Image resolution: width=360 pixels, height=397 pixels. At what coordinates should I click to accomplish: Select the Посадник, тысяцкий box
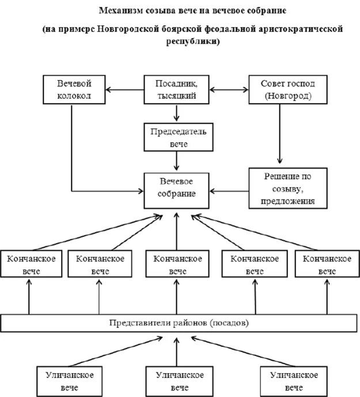(x=177, y=89)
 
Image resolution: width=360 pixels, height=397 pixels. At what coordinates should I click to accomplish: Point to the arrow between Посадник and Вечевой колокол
(x=125, y=89)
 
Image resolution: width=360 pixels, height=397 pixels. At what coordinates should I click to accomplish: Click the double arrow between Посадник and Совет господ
(x=230, y=89)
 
